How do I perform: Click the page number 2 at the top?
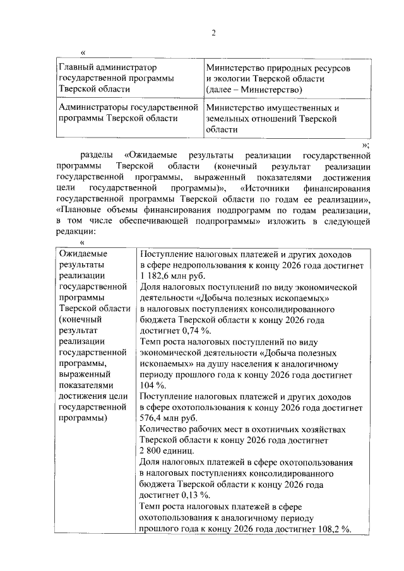point(214,33)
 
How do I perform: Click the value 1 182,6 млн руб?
point(170,276)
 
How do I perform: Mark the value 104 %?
point(152,385)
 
